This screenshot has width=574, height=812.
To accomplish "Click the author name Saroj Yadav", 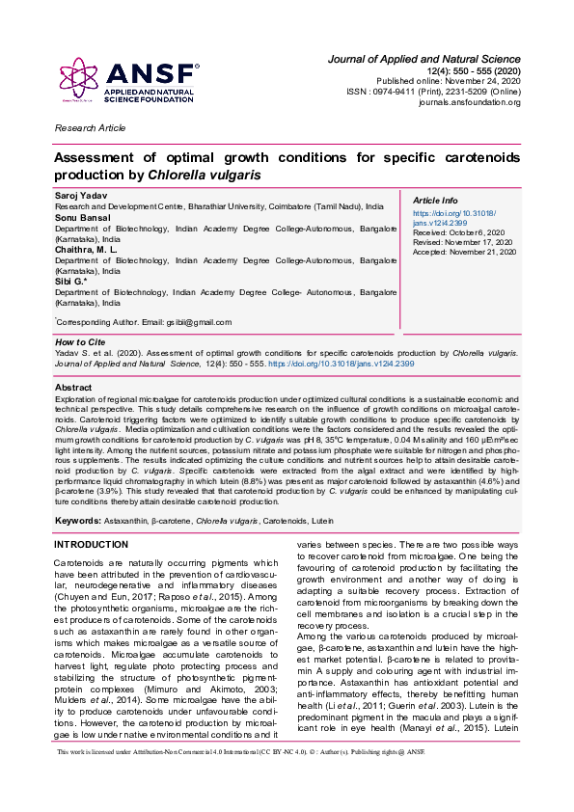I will pos(80,196).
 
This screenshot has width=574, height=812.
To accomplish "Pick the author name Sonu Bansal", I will pos(81,219).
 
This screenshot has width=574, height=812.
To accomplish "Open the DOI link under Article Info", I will pos(453,217).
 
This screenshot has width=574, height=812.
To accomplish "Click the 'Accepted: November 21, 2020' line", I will pos(464,252).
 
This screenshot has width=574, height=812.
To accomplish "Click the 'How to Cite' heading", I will pos(81,341).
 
